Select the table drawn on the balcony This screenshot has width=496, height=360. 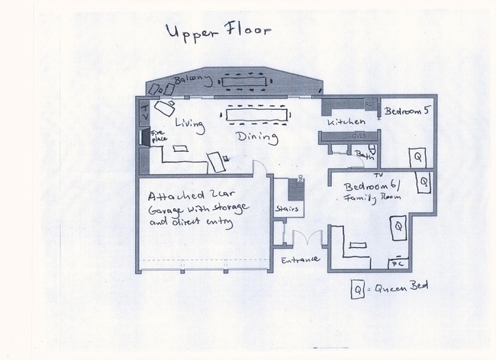click(247, 79)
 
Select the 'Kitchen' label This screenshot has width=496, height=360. click(343, 122)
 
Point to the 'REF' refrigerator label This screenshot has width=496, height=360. click(370, 103)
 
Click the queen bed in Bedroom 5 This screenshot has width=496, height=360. click(417, 157)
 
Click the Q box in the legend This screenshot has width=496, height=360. click(356, 289)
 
